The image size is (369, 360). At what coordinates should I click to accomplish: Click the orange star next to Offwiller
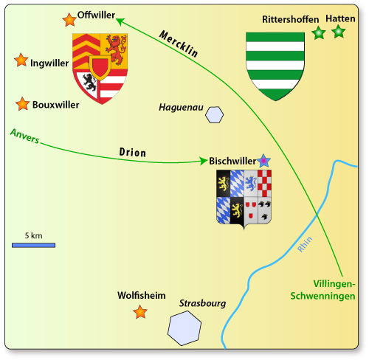point(69,20)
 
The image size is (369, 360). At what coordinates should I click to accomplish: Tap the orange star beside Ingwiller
point(21,60)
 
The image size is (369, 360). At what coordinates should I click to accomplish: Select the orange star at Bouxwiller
point(23,104)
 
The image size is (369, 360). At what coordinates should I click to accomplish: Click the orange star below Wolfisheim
point(140,312)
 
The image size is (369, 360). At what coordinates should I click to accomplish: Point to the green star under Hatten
point(339,32)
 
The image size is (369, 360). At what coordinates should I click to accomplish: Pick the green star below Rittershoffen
point(319,32)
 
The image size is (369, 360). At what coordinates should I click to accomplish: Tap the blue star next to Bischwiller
point(263,161)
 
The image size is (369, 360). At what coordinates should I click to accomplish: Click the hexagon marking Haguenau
point(215,114)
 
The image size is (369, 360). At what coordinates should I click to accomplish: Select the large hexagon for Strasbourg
point(184,328)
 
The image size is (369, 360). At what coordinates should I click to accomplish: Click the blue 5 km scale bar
point(33,245)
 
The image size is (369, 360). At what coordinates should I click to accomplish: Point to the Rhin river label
point(305,244)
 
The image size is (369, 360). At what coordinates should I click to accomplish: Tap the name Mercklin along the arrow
point(179,44)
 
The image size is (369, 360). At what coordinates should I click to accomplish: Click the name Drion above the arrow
point(133,152)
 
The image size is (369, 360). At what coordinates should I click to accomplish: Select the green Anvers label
point(24,136)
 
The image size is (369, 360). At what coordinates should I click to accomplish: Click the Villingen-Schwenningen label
point(323,290)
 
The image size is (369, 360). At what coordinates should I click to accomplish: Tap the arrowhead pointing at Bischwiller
point(204,161)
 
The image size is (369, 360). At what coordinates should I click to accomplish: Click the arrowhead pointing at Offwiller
point(120,21)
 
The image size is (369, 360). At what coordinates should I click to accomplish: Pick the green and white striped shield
point(275,66)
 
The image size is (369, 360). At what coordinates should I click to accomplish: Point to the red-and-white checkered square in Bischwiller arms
point(264,183)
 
